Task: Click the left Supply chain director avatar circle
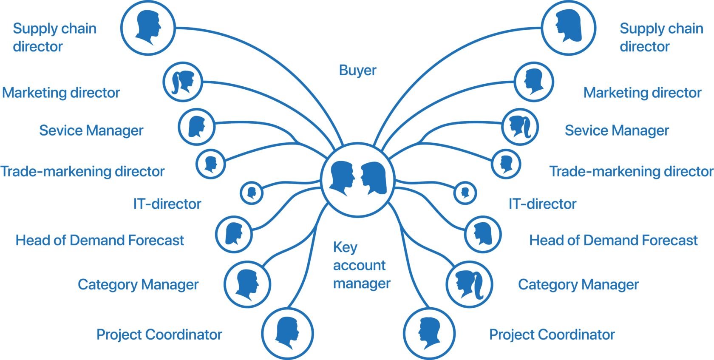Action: pyautogui.click(x=148, y=28)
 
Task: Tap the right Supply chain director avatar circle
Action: pyautogui.click(x=569, y=28)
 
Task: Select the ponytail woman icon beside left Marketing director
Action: pyautogui.click(x=183, y=82)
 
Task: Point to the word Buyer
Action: pyautogui.click(x=357, y=71)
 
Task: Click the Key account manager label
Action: pyautogui.click(x=361, y=265)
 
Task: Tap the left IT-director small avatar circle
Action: pyautogui.click(x=252, y=193)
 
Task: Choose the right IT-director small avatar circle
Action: pyautogui.click(x=465, y=193)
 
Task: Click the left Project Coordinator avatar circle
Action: pyautogui.click(x=288, y=333)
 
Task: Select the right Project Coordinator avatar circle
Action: pyautogui.click(x=429, y=333)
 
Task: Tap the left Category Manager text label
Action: pyautogui.click(x=138, y=284)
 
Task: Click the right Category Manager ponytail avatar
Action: pyautogui.click(x=470, y=284)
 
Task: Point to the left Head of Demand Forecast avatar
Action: pyautogui.click(x=234, y=234)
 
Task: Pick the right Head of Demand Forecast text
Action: pyautogui.click(x=613, y=241)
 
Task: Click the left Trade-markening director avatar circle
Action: pyautogui.click(x=210, y=164)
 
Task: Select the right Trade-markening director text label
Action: pyautogui.click(x=631, y=171)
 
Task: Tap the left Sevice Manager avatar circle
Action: pyautogui.click(x=196, y=127)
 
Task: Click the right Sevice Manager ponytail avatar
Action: pyautogui.click(x=520, y=127)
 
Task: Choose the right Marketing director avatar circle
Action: pyautogui.click(x=534, y=82)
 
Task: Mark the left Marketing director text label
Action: pyautogui.click(x=61, y=93)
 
